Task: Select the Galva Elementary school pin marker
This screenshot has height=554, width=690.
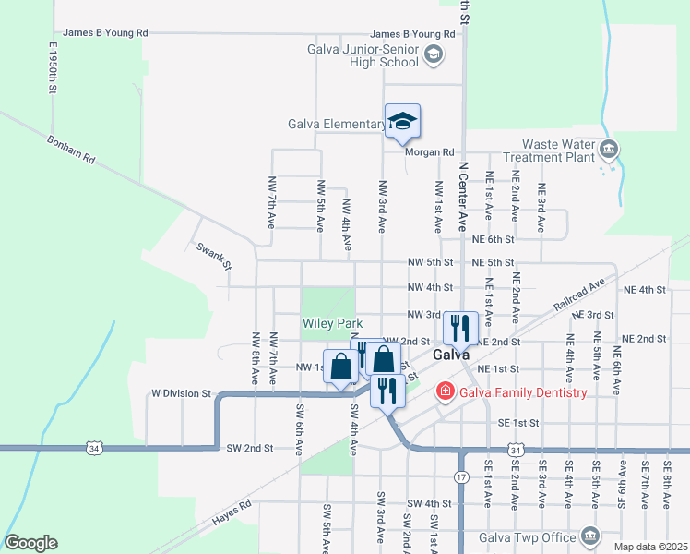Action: click(402, 121)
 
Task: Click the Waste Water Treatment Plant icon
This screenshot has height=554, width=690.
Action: click(608, 149)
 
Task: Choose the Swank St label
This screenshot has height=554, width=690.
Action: click(213, 256)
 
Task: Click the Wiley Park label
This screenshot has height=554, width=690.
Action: click(332, 324)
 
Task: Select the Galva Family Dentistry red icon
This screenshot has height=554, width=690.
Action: click(446, 392)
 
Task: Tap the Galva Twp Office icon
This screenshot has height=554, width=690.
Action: click(589, 536)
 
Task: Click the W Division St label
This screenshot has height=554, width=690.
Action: click(182, 393)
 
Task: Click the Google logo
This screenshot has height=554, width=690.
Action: click(30, 543)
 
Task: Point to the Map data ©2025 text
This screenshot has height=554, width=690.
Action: click(650, 547)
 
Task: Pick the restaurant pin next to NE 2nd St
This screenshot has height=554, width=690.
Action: click(459, 327)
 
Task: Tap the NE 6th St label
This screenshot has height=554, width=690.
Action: click(491, 239)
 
